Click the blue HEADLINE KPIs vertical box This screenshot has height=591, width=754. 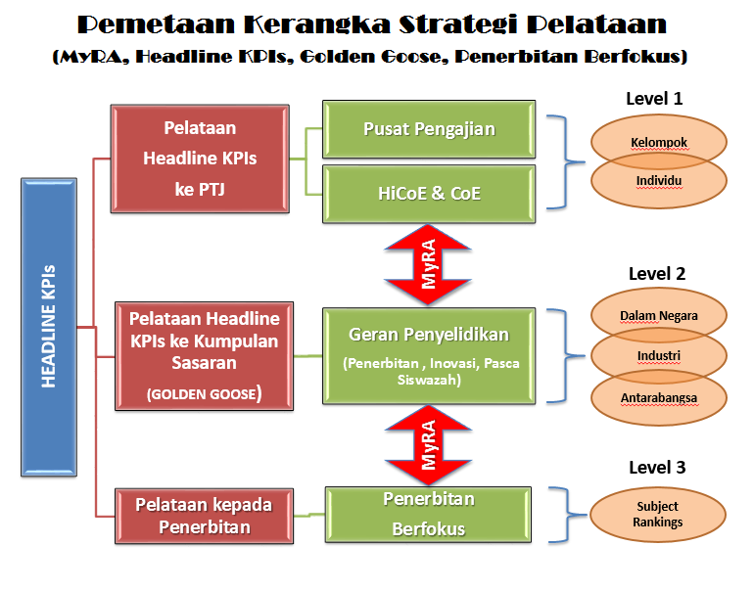pos(49,327)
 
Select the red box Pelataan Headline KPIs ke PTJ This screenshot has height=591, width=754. pos(200,159)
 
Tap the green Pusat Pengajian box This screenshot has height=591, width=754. pos(429,129)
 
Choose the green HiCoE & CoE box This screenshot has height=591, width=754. pos(429,194)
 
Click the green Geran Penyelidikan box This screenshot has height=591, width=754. pos(429,356)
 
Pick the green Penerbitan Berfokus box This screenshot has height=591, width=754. pos(429,515)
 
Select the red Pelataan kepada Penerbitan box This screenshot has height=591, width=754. pos(205,516)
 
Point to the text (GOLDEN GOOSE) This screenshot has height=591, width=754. pos(205,393)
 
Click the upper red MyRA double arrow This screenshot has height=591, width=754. pos(428,264)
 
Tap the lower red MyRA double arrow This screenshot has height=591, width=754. pos(428,445)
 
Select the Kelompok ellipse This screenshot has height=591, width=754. pos(659,142)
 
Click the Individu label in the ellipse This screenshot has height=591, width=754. pos(659,181)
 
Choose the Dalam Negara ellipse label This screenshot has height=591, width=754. pos(659,316)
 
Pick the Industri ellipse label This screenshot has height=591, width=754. pos(659,355)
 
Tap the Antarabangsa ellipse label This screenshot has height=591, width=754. pos(659,398)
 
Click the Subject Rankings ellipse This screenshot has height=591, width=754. pos(658,515)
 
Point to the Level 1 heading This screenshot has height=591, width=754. pos(654,99)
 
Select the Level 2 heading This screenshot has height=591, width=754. pos(657,274)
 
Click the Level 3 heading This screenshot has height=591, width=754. pos(657,468)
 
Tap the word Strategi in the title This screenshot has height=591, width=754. pos(458,25)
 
